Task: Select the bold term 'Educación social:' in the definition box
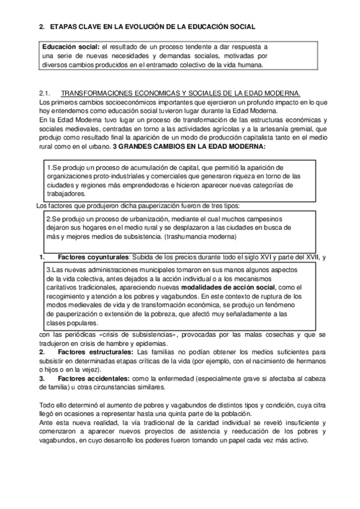[x=71, y=46]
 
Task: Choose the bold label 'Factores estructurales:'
[x=95, y=351]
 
